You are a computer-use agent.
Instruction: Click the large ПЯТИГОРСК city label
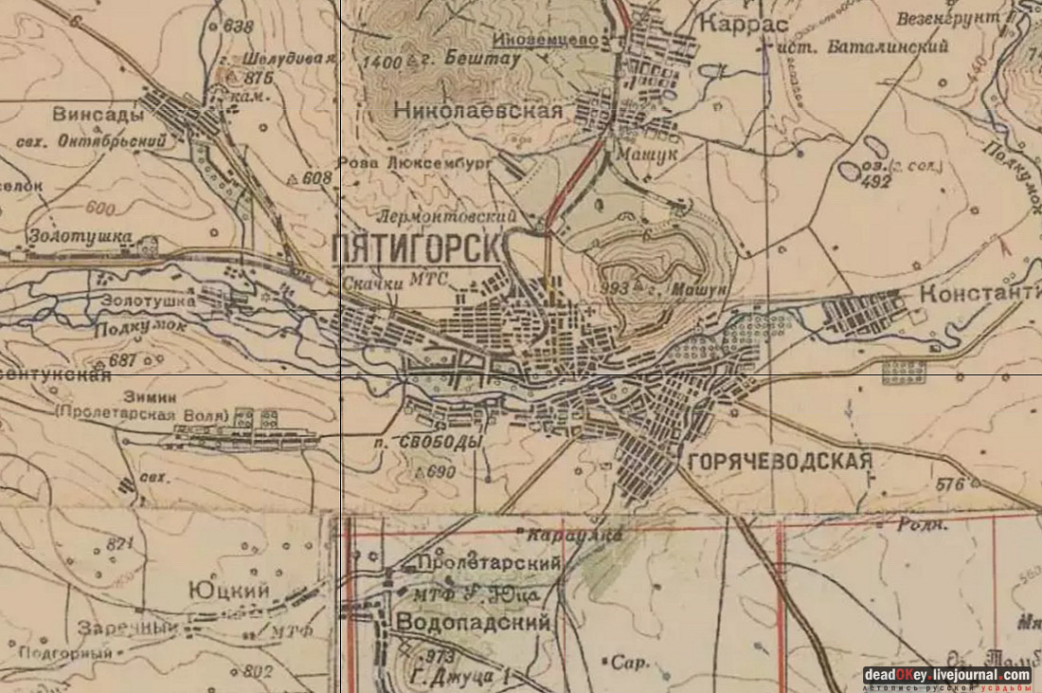(x=417, y=250)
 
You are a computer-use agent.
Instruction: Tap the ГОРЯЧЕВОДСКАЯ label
(x=776, y=462)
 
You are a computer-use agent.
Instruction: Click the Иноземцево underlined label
(x=549, y=40)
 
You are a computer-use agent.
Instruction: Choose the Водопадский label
(x=474, y=623)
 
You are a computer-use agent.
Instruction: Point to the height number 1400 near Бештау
(x=383, y=62)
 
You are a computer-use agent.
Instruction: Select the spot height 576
(x=949, y=484)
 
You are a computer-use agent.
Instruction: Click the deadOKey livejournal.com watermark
(x=947, y=675)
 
